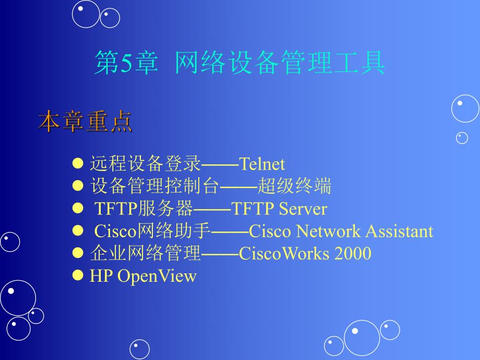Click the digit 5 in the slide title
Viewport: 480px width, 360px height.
[x=127, y=63]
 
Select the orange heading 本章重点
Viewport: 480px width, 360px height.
[x=85, y=122]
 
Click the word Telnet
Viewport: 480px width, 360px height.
[x=262, y=164]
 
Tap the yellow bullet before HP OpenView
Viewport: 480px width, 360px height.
[x=78, y=275]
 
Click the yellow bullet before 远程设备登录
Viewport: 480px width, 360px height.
[x=78, y=163]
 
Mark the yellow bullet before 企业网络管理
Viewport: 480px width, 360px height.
[x=78, y=253]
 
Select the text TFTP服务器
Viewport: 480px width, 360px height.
[x=143, y=209]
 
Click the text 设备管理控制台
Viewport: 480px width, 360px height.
[x=155, y=186]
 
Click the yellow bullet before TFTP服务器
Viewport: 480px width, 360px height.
[x=78, y=208]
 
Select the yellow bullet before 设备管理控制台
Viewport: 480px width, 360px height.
[x=78, y=186]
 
